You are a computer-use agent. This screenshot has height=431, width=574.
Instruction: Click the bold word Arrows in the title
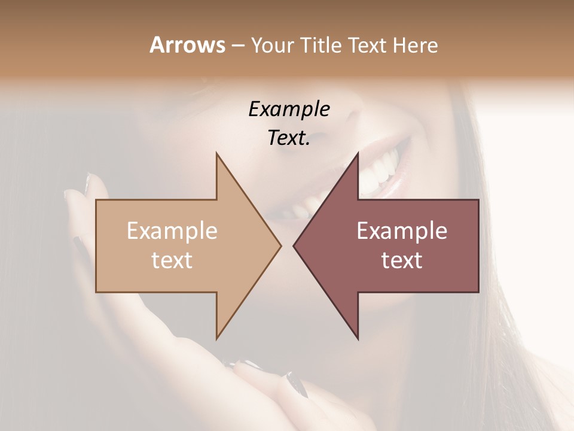187,45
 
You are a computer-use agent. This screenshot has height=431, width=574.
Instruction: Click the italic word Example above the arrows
289,110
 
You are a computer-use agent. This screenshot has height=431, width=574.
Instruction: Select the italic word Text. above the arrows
289,138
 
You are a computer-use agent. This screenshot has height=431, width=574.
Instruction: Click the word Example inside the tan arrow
172,230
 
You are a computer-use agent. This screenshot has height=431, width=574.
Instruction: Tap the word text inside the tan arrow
172,260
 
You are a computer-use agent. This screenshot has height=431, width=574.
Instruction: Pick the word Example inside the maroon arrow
402,230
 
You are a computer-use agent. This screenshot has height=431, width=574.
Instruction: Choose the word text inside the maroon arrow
402,260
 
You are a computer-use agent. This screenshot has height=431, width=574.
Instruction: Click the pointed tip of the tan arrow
279,245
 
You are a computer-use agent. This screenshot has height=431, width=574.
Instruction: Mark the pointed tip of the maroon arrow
295,245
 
